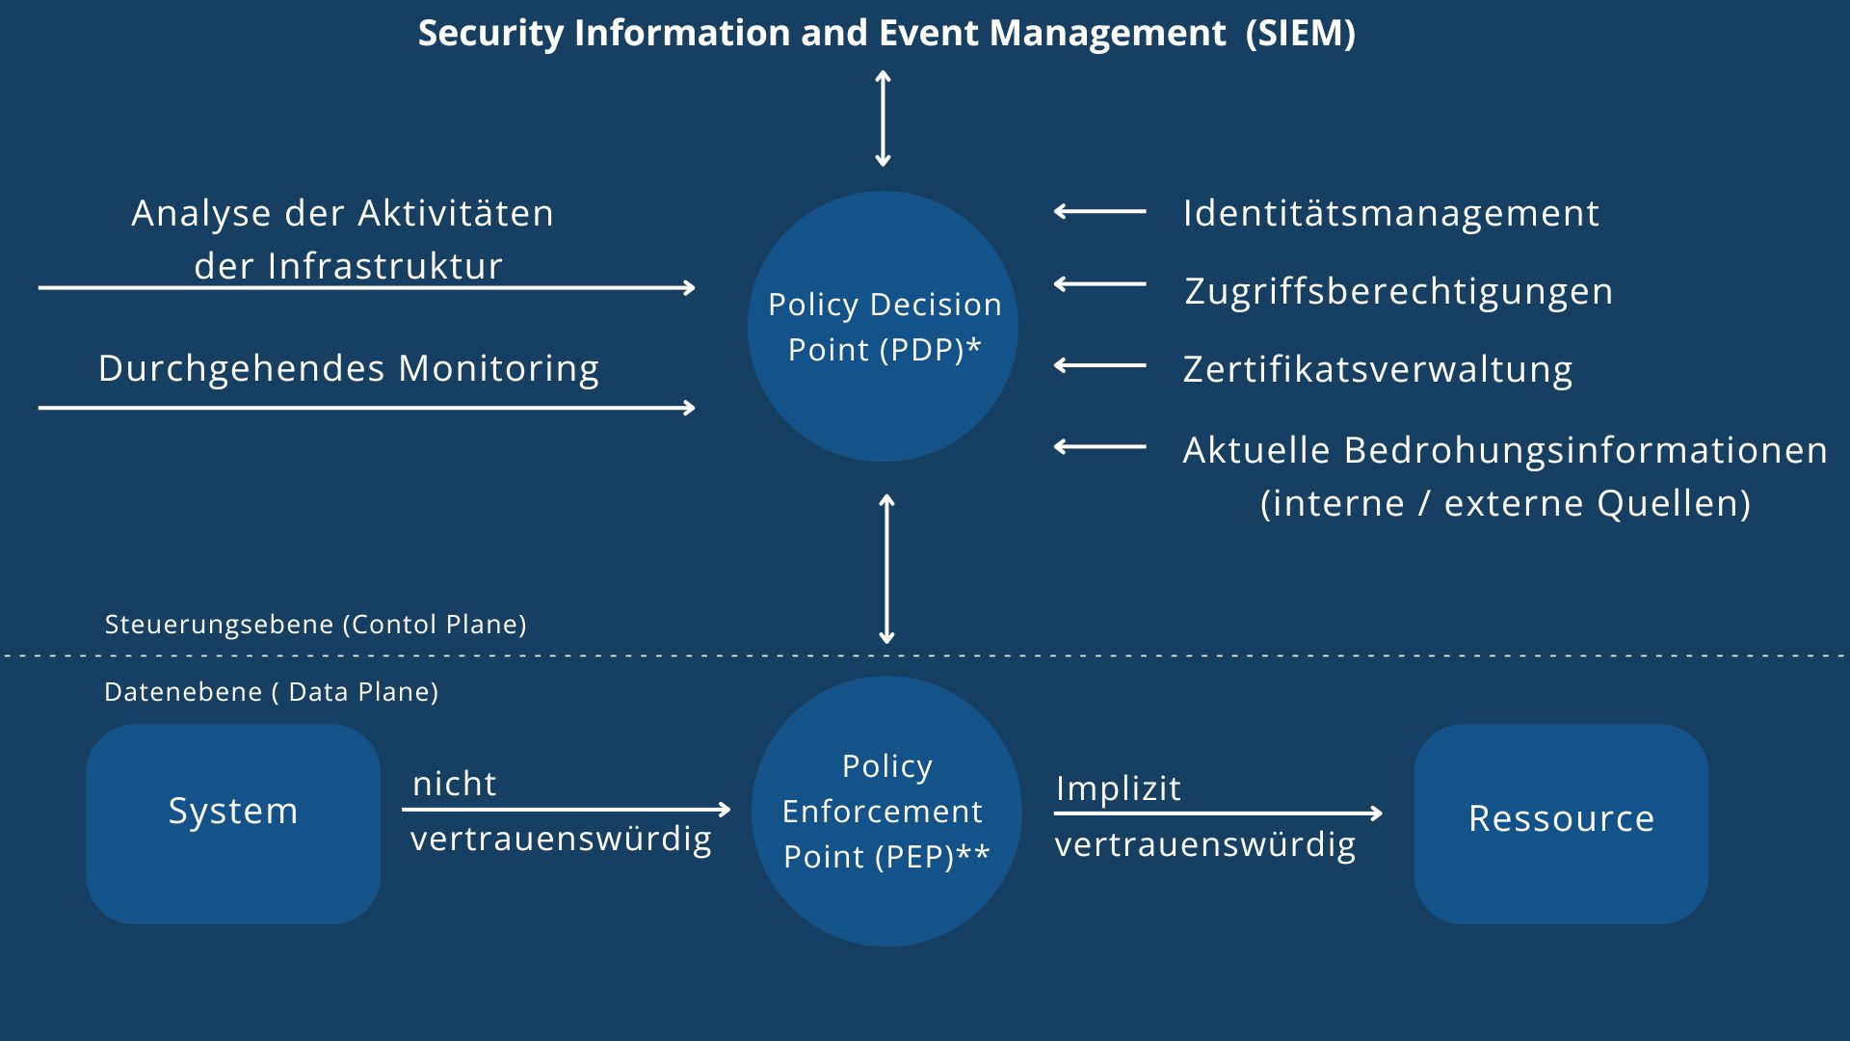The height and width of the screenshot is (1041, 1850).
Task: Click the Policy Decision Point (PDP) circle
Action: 883,327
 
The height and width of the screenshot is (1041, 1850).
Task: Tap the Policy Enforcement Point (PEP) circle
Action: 885,811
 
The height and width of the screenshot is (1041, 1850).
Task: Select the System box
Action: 233,824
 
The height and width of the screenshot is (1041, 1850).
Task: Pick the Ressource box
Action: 1561,824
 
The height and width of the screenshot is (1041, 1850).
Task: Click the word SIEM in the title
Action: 1300,33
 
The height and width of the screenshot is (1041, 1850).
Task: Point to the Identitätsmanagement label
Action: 1390,213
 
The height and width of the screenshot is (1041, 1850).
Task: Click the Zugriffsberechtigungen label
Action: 1398,291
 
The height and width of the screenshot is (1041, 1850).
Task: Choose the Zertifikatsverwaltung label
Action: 1378,369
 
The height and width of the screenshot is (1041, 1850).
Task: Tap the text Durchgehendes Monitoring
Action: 348,368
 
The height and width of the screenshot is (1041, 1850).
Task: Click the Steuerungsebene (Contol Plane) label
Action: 315,625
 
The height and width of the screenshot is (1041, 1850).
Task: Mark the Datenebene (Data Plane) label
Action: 271,692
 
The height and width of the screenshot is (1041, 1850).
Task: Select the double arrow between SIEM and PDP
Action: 883,119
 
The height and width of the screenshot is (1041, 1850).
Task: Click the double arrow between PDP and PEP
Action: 886,569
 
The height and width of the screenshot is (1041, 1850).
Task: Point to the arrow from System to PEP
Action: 566,810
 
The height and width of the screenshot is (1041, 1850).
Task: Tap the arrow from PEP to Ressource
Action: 1218,814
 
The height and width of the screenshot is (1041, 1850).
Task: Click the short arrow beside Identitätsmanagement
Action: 1099,211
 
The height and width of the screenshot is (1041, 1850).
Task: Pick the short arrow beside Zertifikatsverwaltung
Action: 1099,365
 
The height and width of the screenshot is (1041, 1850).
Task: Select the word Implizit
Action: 1118,788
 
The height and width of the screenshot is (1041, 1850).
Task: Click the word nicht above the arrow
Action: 454,784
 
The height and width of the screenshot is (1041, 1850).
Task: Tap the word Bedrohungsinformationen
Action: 1585,450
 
